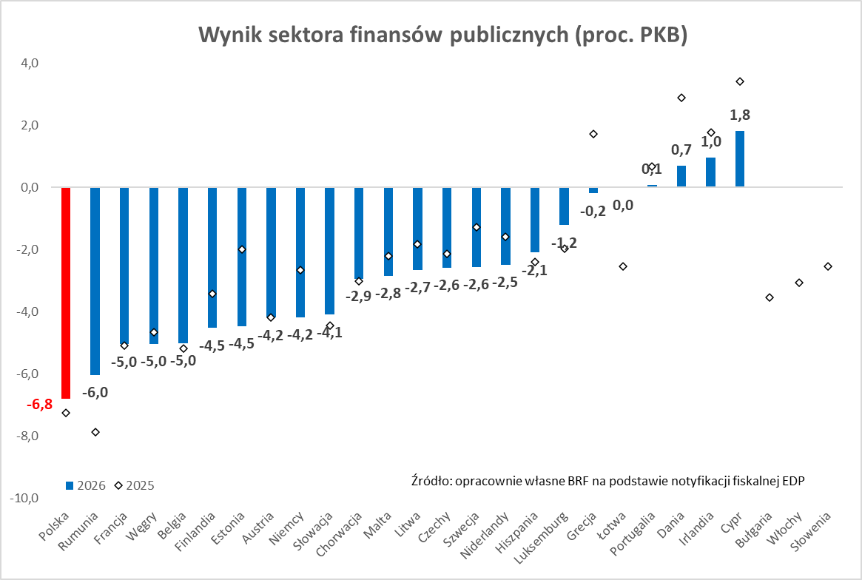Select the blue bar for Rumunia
click(x=95, y=281)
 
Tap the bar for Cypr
click(x=740, y=159)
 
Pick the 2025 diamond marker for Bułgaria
click(x=770, y=297)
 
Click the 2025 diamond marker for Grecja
click(x=593, y=134)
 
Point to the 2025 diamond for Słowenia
click(x=828, y=266)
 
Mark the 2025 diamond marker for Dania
click(x=681, y=98)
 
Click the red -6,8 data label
click(x=38, y=405)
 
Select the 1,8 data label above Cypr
click(x=740, y=115)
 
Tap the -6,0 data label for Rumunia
click(x=95, y=392)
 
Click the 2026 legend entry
click(x=86, y=485)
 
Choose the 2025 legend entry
click(x=135, y=485)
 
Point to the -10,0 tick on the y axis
click(x=24, y=498)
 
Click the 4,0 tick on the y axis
click(x=30, y=64)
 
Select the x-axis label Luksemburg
click(x=548, y=535)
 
